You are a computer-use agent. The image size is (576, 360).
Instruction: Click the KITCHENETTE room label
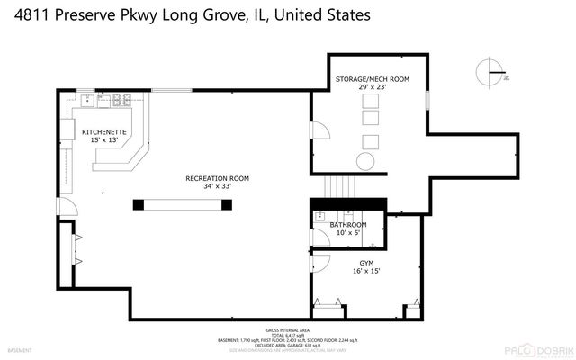104,132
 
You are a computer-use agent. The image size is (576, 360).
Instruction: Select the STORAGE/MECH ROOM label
372,79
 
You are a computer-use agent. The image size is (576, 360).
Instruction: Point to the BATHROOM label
347,224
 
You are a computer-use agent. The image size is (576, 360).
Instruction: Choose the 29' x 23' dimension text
372,88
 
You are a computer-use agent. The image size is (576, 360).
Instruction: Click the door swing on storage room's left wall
318,132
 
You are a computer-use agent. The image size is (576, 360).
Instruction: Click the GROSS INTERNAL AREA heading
287,331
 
